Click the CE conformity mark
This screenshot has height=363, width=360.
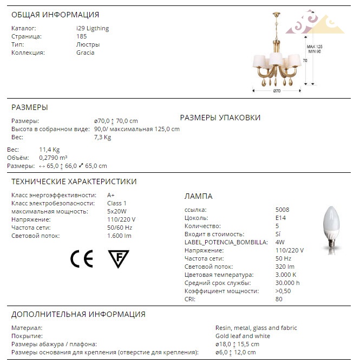[82, 259]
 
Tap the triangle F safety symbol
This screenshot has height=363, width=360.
[119, 259]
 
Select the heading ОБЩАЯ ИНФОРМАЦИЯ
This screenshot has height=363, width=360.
[55, 15]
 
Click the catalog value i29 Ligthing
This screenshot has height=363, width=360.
[93, 28]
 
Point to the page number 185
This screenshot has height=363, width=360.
[82, 36]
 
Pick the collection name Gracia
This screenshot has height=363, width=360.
[86, 53]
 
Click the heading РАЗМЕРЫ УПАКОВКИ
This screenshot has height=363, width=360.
[220, 118]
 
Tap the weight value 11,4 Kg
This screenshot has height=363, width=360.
[49, 150]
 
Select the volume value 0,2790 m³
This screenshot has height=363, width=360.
[53, 158]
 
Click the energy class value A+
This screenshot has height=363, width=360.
[111, 195]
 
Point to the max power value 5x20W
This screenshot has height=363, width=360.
[117, 211]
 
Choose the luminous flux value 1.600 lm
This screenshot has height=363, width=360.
[119, 236]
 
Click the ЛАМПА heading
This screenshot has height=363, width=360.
[199, 196]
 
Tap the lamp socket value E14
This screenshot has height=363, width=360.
[282, 218]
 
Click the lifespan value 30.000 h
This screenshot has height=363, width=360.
[287, 283]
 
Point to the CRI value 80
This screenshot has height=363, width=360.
[279, 299]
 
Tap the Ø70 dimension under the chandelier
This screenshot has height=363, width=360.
[276, 91]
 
